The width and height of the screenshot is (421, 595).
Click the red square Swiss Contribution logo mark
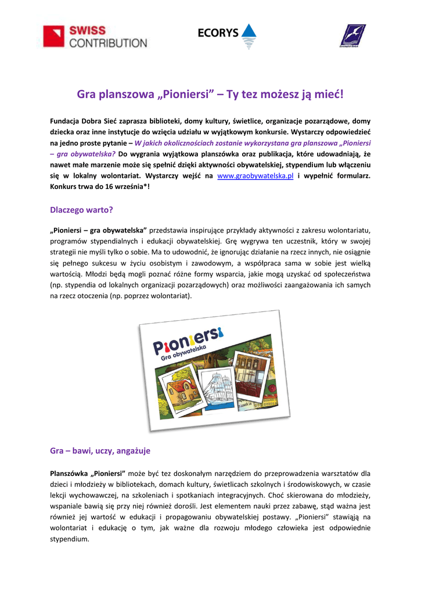pos(55,37)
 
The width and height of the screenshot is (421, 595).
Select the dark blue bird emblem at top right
pos(352,36)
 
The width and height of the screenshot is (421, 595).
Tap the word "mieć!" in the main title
pos(327,94)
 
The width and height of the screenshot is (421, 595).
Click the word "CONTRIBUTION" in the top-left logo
pos(109,42)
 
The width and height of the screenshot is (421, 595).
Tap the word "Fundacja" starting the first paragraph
pos(66,121)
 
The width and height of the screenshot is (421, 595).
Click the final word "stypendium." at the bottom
pos(70,539)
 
